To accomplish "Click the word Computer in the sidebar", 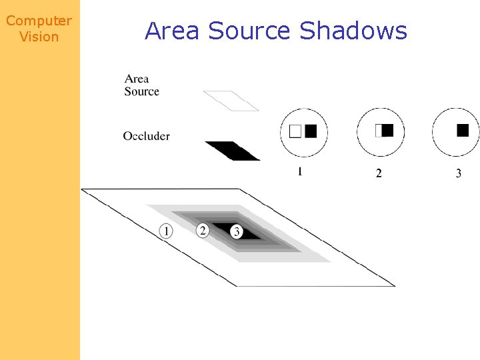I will point(39,21).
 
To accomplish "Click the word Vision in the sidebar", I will point(39,37).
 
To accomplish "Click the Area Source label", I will point(141,85).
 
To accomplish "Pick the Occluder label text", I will point(146,136).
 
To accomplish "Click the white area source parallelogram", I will point(231,101).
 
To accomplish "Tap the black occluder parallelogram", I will point(232,151).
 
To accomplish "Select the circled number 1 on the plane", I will point(166,231).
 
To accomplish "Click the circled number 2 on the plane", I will point(203,230).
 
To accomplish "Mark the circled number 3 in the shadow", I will point(236,231).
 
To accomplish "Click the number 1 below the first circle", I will point(300,172).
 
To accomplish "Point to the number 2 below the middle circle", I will point(379,173).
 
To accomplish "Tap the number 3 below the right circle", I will point(458,173).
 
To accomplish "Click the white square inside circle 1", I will point(295,131).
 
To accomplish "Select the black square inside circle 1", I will point(311,131).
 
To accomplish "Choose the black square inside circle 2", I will point(387,131).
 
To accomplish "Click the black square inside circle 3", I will point(463,131).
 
